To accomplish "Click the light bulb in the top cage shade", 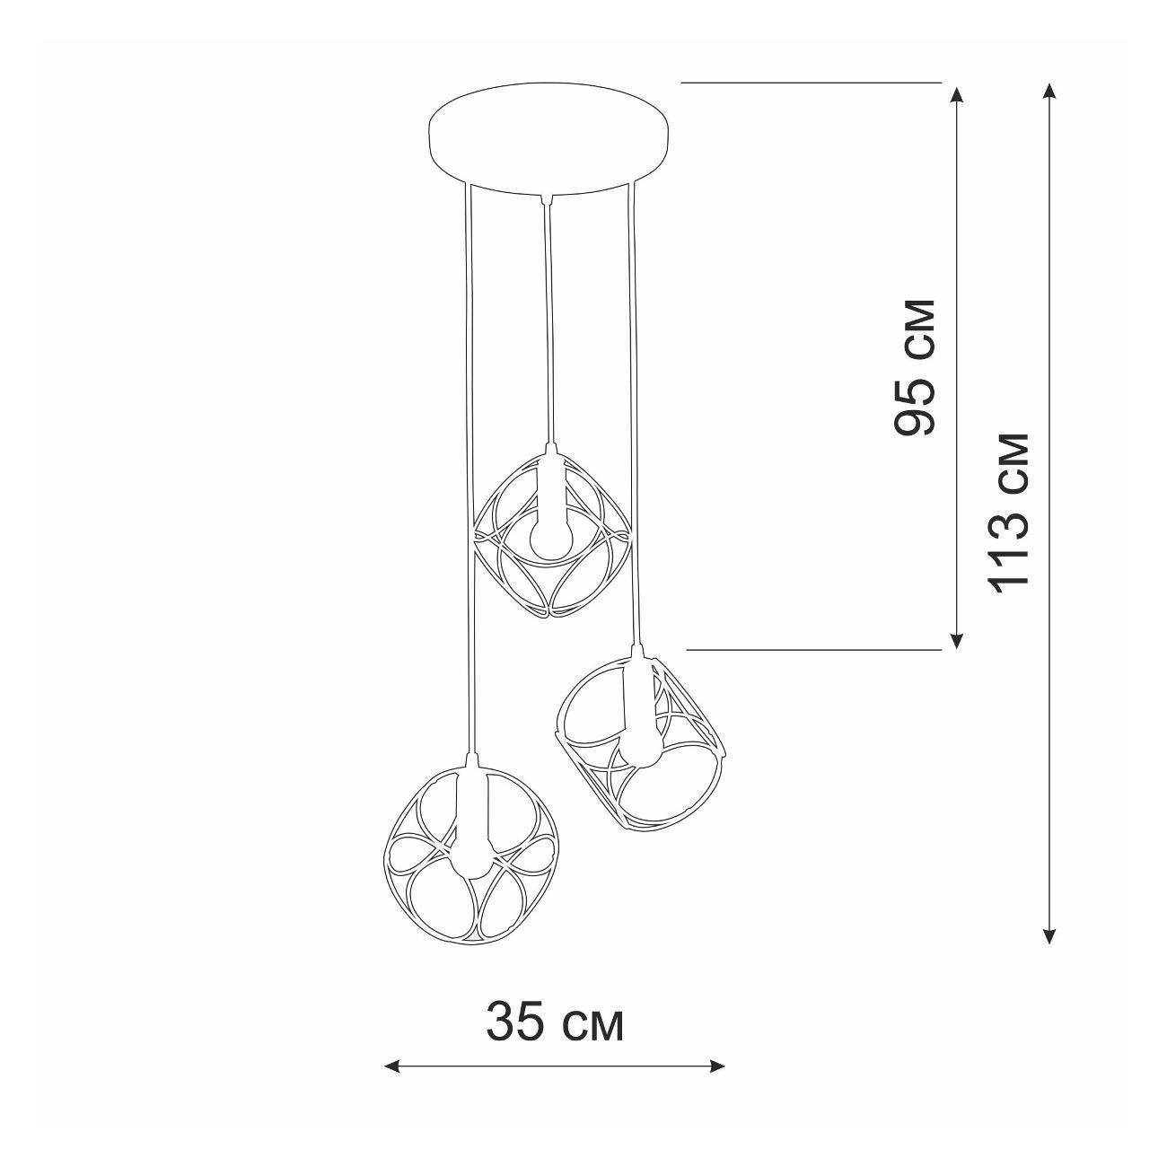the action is [550, 537].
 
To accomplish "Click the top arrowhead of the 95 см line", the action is [957, 96].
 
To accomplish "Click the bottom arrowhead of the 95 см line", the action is [957, 639].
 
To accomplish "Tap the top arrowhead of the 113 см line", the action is [1050, 92].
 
